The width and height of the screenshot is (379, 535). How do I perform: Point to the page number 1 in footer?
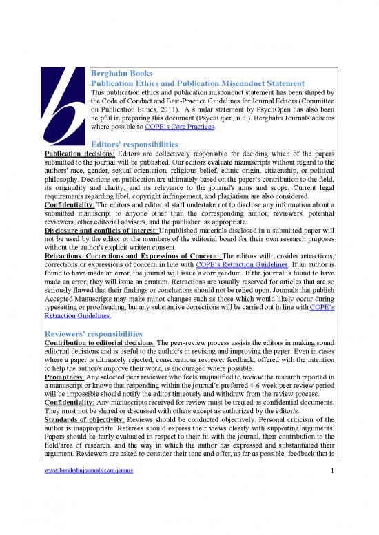pos(331,508)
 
